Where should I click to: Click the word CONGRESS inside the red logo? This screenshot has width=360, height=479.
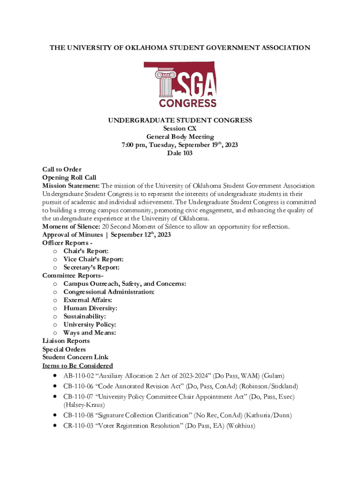coord(187,102)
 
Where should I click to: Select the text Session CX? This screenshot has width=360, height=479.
coord(180,129)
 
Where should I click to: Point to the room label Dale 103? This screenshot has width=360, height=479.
coord(180,153)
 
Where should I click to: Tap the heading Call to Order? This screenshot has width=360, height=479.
coord(62,169)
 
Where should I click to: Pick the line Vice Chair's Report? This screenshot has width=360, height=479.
coord(93,259)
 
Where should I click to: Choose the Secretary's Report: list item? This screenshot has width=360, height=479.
coord(91,268)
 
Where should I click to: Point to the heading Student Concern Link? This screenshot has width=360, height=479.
coord(75,357)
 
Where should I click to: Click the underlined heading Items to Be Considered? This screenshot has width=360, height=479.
coord(77,365)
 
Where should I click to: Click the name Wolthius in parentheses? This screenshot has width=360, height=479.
coord(241,426)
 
